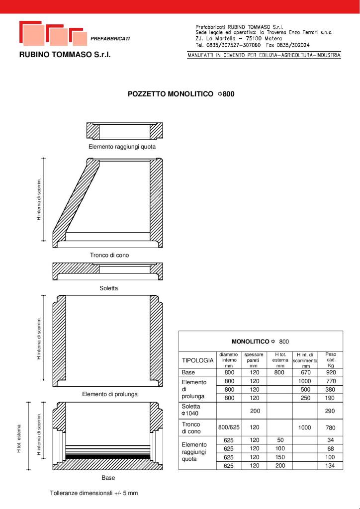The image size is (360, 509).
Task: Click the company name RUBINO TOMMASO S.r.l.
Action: [65, 55]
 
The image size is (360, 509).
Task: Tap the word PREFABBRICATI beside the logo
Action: [110, 39]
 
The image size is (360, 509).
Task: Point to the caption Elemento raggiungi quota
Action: [122, 147]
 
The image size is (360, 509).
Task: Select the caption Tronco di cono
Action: [109, 255]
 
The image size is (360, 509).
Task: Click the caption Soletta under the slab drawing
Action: [108, 288]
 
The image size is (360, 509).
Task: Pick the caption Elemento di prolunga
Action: [110, 394]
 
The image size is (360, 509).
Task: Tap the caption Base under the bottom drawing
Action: [108, 478]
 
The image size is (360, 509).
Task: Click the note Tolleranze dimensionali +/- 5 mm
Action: [93, 493]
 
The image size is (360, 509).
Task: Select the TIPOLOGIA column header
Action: [197, 360]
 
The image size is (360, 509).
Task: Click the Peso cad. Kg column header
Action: [331, 360]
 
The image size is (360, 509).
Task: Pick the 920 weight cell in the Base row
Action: [331, 372]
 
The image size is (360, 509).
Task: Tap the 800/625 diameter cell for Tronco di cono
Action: [229, 427]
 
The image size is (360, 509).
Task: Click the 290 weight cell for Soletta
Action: [331, 411]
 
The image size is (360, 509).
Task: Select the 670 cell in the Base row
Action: [304, 372]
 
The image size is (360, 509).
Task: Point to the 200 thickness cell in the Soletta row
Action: [254, 411]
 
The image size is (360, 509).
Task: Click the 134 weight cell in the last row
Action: [331, 466]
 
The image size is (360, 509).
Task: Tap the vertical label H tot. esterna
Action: [19, 438]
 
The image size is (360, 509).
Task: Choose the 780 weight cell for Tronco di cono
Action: [331, 427]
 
